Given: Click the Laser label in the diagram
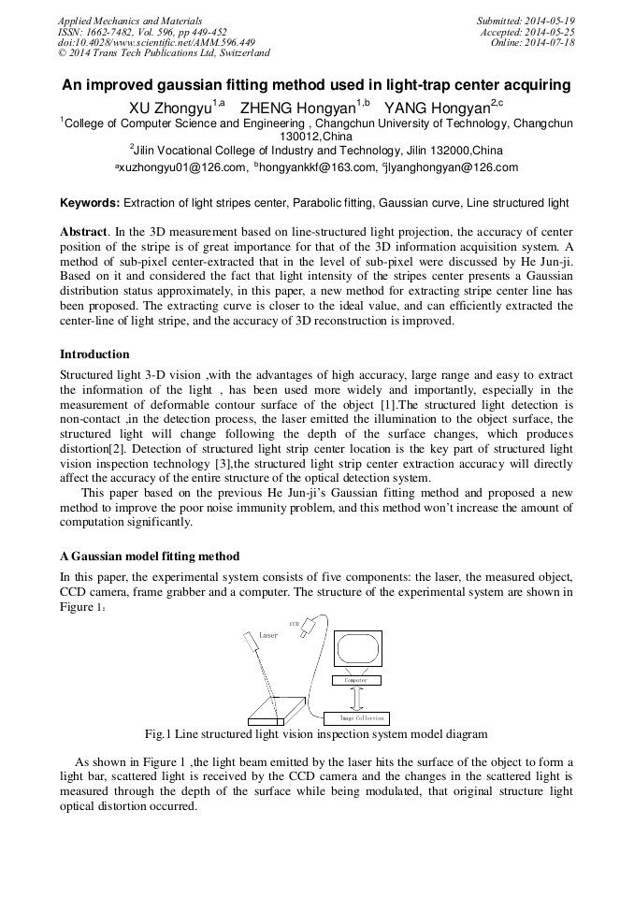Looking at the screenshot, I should [268, 635].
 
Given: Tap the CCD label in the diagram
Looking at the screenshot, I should [294, 623].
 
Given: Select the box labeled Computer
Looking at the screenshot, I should [356, 680].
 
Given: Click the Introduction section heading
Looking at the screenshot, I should [94, 354].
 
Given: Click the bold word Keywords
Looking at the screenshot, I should [90, 202].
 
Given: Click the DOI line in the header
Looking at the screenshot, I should [156, 43].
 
